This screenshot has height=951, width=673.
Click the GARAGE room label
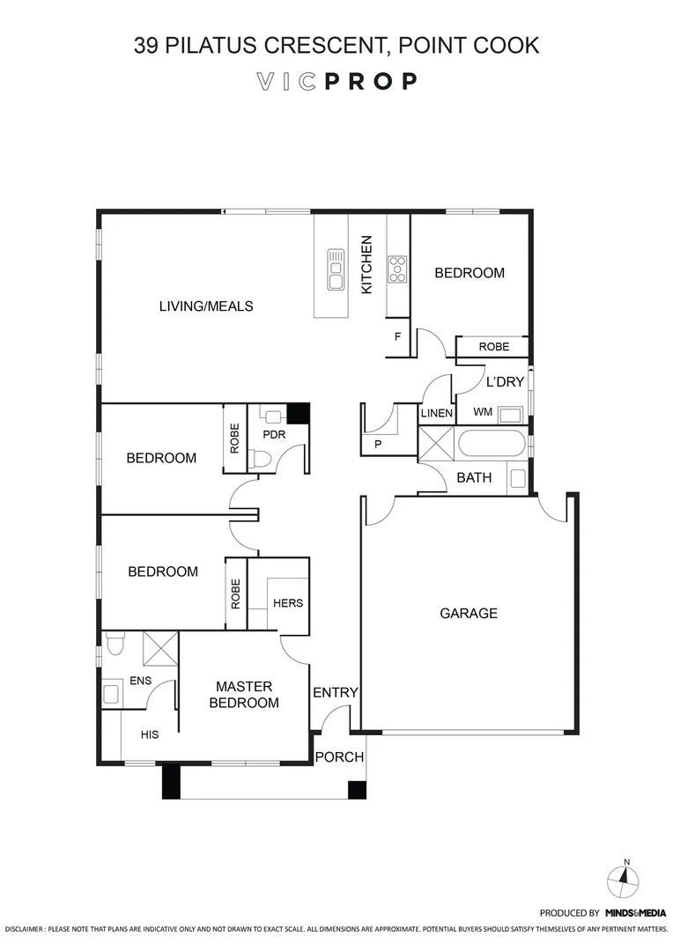(469, 614)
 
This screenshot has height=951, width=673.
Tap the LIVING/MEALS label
(206, 306)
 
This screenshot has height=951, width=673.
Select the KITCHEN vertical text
(367, 265)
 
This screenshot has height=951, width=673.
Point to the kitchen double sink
(336, 269)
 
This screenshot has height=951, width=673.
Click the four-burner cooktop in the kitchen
(397, 269)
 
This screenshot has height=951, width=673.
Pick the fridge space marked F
(397, 337)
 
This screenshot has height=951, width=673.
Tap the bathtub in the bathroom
(492, 443)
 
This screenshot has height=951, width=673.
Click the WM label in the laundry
(483, 412)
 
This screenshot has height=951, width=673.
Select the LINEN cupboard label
(437, 413)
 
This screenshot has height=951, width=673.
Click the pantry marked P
(378, 445)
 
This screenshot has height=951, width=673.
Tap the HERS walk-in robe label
(288, 603)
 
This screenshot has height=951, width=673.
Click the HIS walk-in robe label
(150, 734)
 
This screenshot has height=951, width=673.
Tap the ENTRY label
(336, 693)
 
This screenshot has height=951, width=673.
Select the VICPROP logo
(336, 82)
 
